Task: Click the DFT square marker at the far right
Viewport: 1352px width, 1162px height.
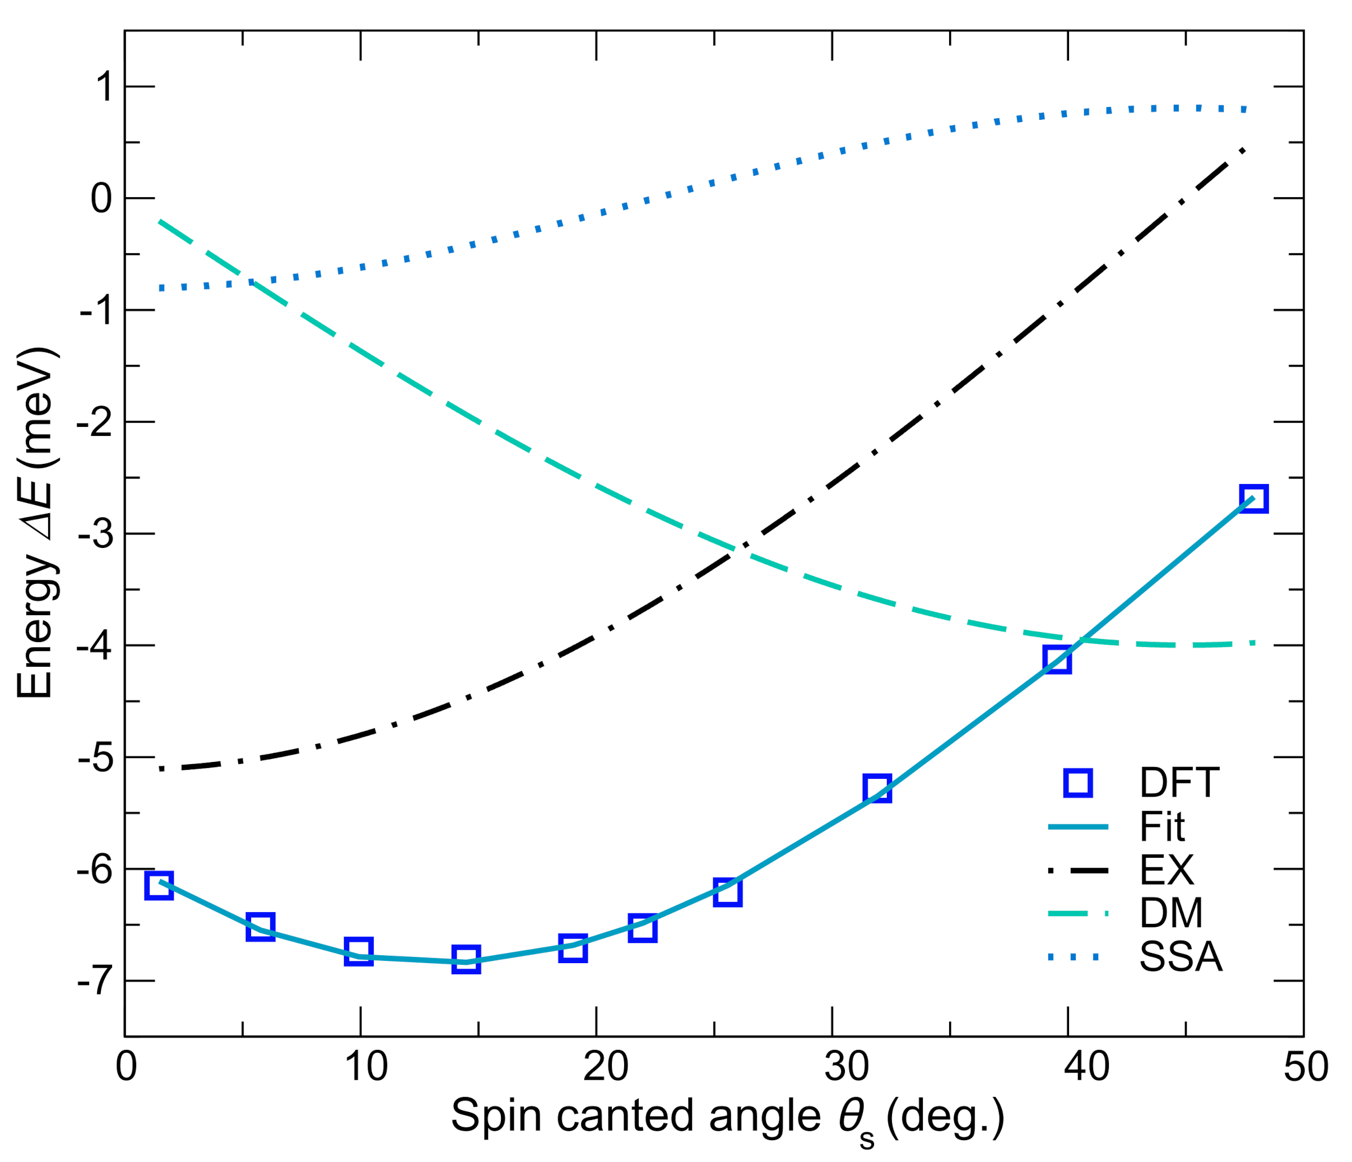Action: tap(1253, 499)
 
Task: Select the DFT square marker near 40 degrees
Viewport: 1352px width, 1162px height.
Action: tap(1057, 659)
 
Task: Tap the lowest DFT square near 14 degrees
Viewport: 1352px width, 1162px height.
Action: tap(466, 960)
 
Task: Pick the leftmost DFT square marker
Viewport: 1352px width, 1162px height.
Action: tap(159, 885)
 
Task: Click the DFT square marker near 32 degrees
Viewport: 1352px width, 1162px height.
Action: tap(877, 788)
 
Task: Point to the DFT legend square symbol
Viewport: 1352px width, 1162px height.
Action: tap(1078, 783)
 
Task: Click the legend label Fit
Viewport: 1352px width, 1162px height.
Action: tap(1162, 828)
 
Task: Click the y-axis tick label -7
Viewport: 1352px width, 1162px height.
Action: tap(95, 981)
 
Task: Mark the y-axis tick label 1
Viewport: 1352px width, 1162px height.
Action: tap(103, 87)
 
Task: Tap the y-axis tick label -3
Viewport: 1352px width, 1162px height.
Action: tap(95, 534)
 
